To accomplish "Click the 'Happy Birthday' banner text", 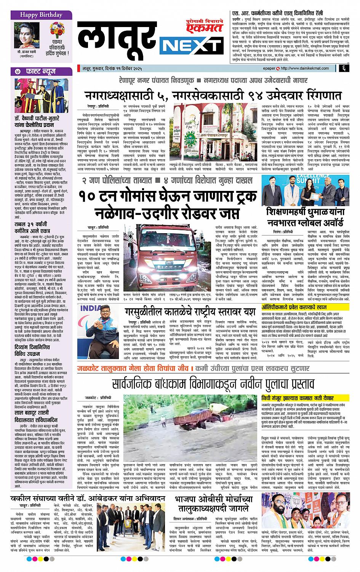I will click(x=37, y=15).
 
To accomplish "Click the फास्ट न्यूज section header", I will click(x=41, y=70).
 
